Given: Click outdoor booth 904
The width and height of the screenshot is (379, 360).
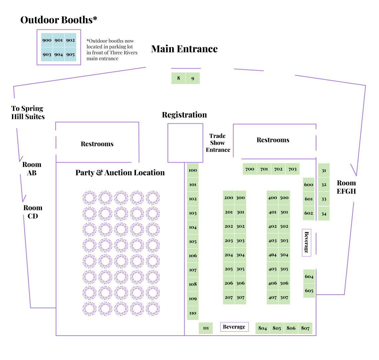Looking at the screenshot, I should coord(59,55).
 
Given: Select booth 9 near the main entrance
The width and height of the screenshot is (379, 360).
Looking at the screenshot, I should coord(193,78).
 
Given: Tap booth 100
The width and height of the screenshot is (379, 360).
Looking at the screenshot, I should coord(193,170).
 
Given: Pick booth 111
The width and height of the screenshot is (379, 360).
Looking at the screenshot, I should coord(206,328).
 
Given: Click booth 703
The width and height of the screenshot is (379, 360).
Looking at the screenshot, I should coord(292,169).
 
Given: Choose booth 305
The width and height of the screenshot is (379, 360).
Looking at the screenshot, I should coord(240,269).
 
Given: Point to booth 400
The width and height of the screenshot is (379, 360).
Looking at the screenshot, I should coord(272,198).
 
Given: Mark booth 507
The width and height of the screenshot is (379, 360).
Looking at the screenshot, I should coord(284,297).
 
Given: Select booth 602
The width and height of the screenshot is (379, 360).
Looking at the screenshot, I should coord(309,213).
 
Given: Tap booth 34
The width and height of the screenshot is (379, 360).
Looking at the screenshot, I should coord(324,214).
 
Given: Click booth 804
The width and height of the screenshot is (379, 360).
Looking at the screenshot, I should coord(262,328).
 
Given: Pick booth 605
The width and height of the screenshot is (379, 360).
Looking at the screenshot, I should coord(309,291).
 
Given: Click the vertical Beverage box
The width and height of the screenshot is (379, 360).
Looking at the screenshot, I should coord(306,242).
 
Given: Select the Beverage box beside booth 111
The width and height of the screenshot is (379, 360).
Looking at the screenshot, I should coord(234,327).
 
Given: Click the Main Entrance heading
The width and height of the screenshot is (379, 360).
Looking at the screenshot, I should coord(184,49).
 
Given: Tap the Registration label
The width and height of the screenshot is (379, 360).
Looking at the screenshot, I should coord(184,115).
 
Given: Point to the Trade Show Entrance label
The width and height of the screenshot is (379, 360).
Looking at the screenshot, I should coord(218,143).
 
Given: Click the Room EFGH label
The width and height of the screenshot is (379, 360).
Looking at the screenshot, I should coord(346,187).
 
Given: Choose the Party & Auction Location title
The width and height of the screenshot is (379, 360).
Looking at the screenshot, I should coord(120,173).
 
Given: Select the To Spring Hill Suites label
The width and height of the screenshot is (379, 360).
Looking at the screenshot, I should coord(28,112).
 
